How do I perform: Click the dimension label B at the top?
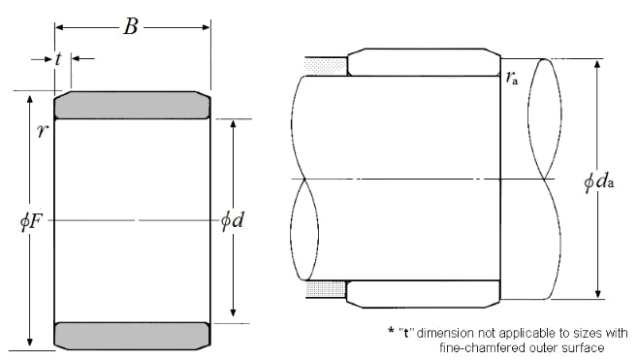(131, 27)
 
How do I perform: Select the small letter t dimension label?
(58, 59)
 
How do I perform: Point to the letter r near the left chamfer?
(42, 131)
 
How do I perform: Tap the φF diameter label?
(31, 221)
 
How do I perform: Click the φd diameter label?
(232, 220)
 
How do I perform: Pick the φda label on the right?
(598, 180)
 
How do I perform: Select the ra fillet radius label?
(512, 78)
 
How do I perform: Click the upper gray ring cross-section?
(132, 105)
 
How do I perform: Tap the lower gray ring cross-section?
(132, 336)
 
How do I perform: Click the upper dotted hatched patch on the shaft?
(326, 67)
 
